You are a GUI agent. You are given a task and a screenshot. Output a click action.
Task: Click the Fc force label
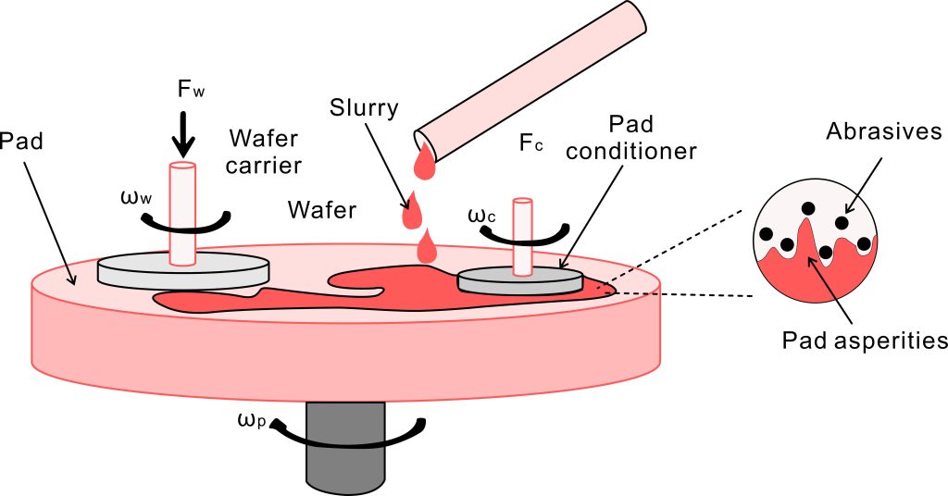click(x=531, y=144)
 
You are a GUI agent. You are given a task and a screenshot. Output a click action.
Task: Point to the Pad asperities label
click(x=864, y=340)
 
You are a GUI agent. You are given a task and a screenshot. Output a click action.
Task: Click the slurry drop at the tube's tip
click(x=426, y=165)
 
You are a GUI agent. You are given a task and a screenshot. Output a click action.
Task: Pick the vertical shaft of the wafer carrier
click(x=182, y=212)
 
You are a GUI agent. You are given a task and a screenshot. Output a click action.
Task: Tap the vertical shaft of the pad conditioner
click(x=524, y=235)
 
